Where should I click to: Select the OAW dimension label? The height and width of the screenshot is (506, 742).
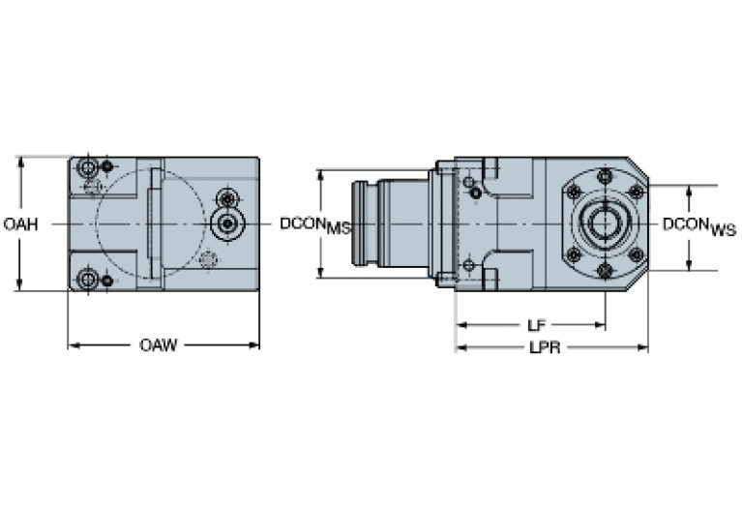(158, 345)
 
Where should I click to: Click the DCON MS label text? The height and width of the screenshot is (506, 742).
(314, 225)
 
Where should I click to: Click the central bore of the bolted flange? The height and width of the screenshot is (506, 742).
(605, 223)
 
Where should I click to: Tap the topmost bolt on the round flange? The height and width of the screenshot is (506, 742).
(605, 177)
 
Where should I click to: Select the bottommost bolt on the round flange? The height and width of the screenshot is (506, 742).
(605, 271)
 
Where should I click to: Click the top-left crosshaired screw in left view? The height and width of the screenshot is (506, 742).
(89, 169)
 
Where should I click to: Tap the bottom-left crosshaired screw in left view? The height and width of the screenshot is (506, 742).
(89, 280)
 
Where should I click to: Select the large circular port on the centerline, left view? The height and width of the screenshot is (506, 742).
(227, 223)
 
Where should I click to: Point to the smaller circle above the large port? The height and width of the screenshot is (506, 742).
(227, 195)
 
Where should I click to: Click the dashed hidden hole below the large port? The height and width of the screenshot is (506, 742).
(207, 259)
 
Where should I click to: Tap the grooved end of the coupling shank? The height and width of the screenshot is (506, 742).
(366, 224)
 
